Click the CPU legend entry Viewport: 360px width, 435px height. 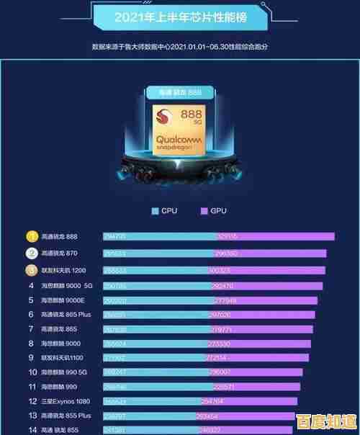point(165,211)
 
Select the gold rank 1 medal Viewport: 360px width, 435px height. point(32,237)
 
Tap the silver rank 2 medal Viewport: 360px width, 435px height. point(32,254)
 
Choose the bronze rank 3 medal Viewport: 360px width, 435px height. point(32,270)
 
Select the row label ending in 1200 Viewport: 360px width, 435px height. point(63,270)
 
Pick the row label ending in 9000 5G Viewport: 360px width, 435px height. point(66,285)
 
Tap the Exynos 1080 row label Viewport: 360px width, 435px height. point(65,401)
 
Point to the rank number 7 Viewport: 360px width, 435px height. point(32,328)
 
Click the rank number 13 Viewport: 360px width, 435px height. point(32,416)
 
